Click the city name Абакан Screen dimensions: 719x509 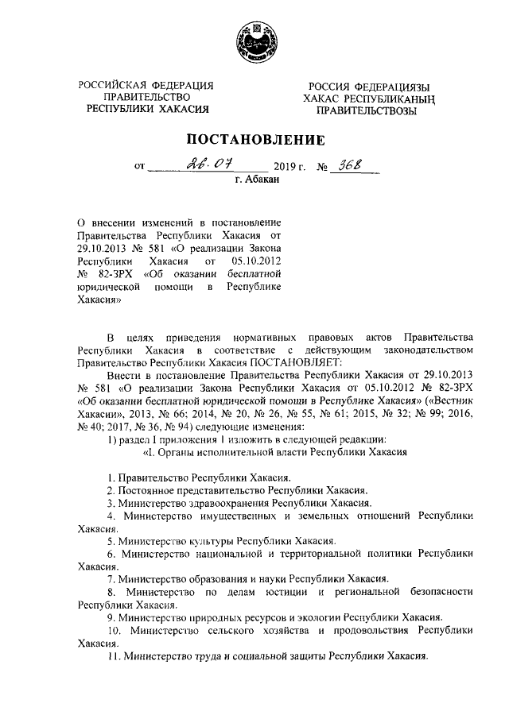pyautogui.click(x=262, y=182)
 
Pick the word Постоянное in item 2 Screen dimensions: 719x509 pyautogui.click(x=145, y=490)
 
